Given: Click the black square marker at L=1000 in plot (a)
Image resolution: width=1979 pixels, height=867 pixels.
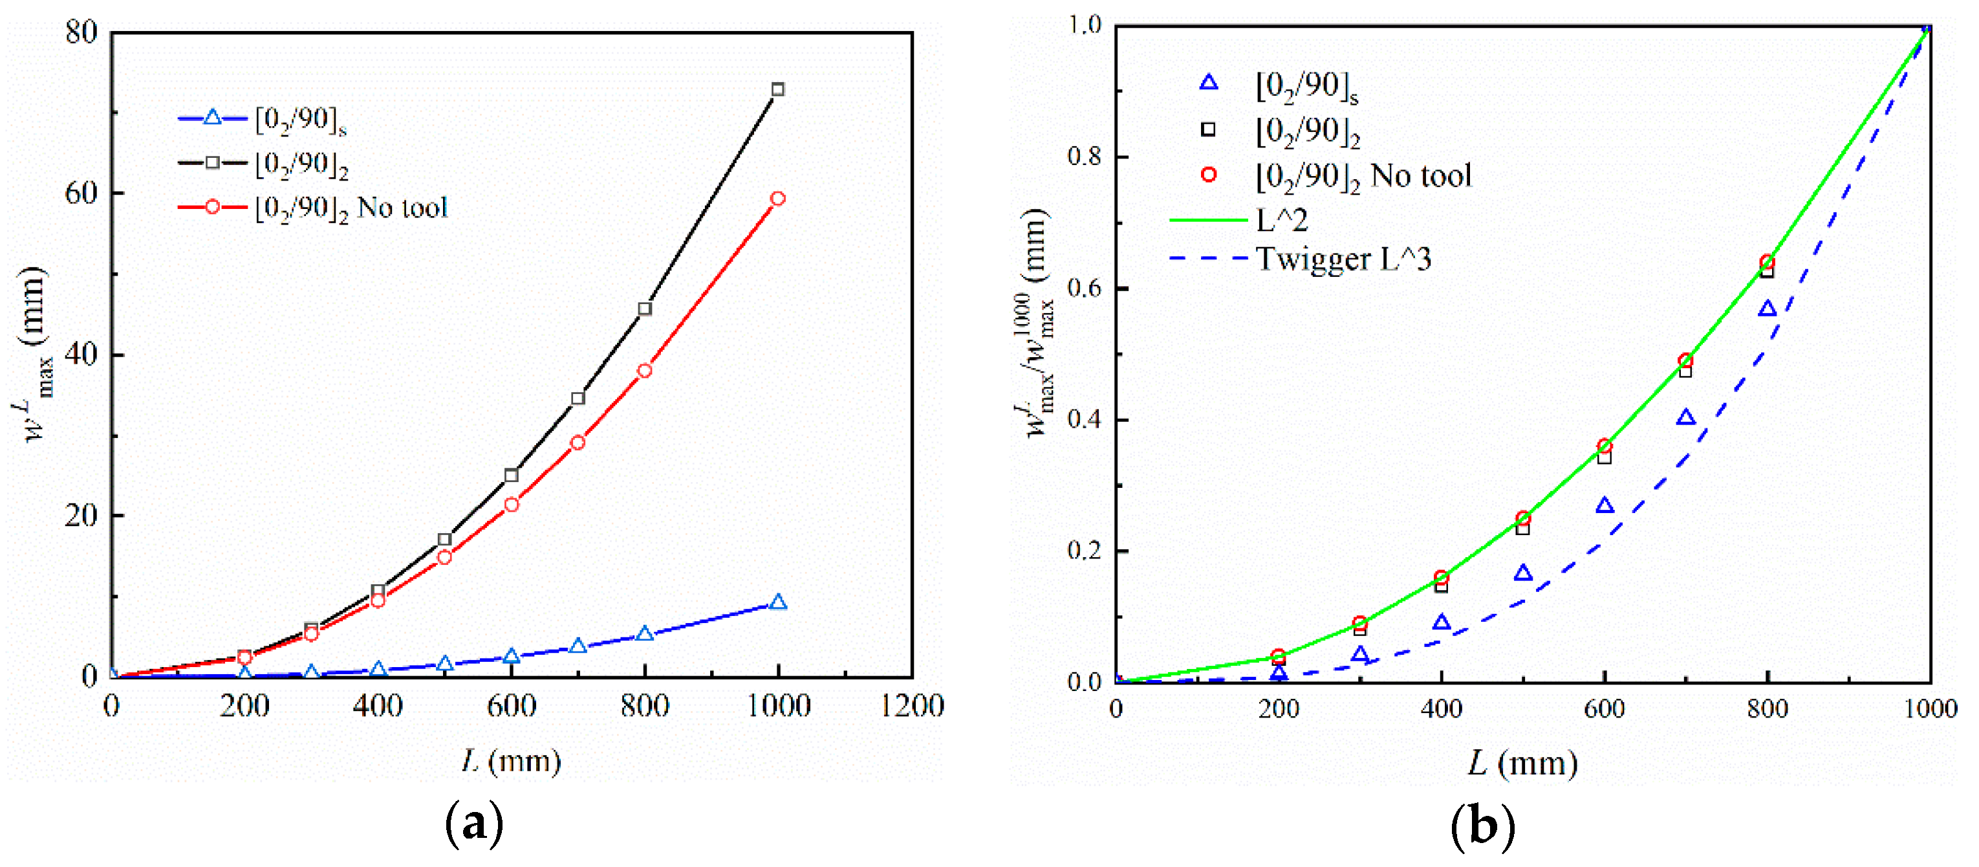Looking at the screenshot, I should [x=777, y=89].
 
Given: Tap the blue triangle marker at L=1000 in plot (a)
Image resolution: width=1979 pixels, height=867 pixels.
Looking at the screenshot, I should [x=777, y=602].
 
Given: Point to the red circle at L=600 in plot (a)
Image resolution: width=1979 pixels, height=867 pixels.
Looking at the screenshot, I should [x=512, y=504].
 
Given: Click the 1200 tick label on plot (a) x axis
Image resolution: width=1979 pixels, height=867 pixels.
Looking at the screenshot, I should [x=912, y=706].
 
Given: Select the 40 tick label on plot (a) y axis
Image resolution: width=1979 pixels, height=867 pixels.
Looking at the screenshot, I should [x=81, y=355].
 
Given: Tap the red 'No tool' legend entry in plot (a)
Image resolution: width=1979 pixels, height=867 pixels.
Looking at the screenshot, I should [x=351, y=208].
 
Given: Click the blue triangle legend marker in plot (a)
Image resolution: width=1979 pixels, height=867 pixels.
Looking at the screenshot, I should [x=213, y=118].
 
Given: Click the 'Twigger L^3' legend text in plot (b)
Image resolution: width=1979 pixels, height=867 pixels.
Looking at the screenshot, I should [x=1343, y=259].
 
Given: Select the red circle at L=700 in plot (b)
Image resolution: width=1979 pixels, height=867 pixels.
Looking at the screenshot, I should [x=1685, y=360].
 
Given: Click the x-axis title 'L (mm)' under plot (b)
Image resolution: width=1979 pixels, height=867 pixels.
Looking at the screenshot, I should [x=1522, y=763].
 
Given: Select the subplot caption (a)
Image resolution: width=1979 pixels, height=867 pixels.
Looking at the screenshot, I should [x=474, y=824].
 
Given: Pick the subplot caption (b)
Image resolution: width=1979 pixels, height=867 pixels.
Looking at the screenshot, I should [x=1483, y=826].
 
